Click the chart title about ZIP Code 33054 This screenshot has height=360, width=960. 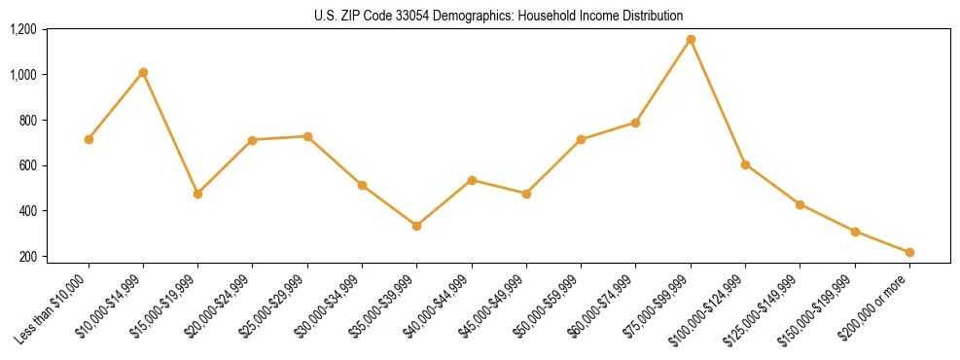click(498, 16)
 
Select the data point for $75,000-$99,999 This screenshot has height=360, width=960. click(691, 40)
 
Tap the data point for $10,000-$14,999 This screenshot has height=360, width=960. click(143, 72)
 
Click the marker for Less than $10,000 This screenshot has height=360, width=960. click(89, 139)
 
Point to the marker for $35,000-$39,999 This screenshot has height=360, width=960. click(417, 226)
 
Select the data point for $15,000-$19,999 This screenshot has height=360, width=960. click(198, 194)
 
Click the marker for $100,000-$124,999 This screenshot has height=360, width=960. click(745, 164)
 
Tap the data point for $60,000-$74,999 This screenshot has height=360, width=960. click(635, 123)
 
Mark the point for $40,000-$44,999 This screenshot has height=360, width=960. click(472, 180)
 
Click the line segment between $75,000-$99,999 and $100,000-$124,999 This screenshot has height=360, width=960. click(718, 102)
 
